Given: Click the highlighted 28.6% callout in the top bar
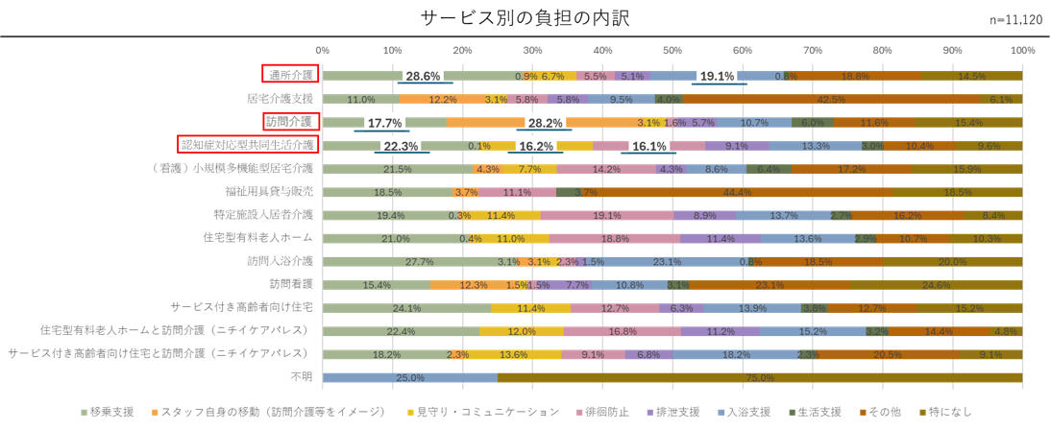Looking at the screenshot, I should pyautogui.click(x=423, y=76).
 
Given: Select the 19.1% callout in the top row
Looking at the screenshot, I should pyautogui.click(x=716, y=76).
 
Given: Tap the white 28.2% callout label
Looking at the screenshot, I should pyautogui.click(x=545, y=123).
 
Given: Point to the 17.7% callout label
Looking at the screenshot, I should pyautogui.click(x=384, y=123).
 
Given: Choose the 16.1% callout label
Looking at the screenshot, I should pyautogui.click(x=649, y=146).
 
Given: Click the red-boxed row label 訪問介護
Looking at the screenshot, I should pyautogui.click(x=291, y=121).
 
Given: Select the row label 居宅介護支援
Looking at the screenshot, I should pyautogui.click(x=279, y=98).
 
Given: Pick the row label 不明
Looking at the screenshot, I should pyautogui.click(x=301, y=377).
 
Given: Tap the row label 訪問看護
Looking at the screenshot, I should pyautogui.click(x=291, y=284).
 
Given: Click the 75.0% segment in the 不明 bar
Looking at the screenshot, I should pyautogui.click(x=759, y=377).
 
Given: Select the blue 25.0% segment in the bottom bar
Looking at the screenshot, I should pyautogui.click(x=410, y=377).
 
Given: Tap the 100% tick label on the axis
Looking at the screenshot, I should pyautogui.click(x=1021, y=49).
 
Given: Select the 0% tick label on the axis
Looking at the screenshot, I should pyautogui.click(x=323, y=49).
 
